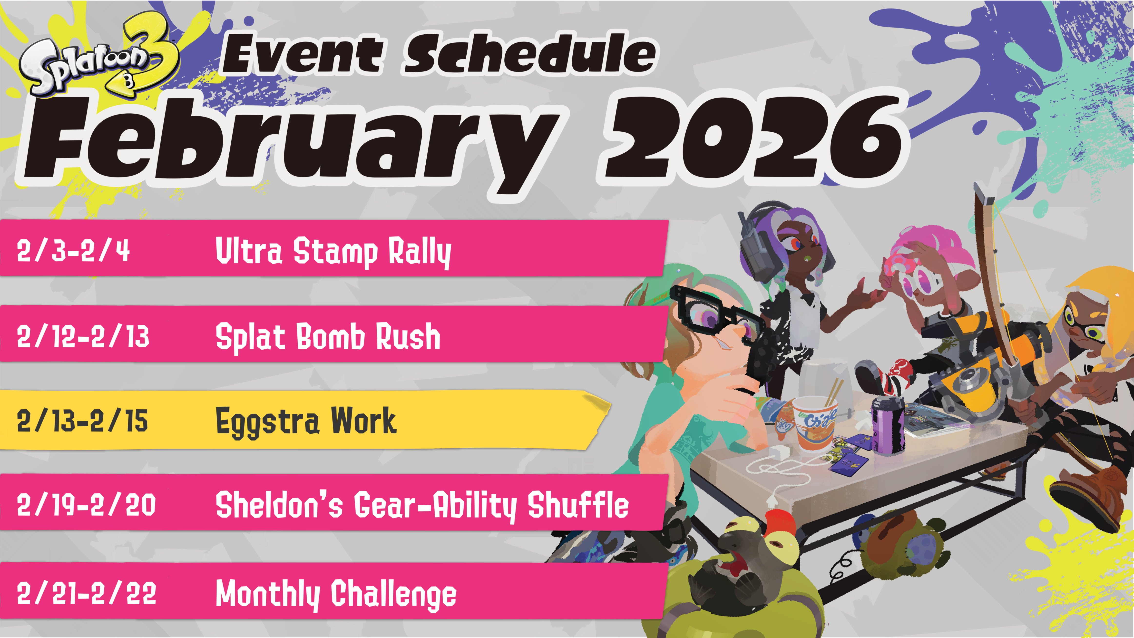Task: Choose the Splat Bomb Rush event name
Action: pyautogui.click(x=328, y=337)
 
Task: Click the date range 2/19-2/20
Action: pyautogui.click(x=86, y=505)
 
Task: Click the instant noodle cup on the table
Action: pyautogui.click(x=814, y=423)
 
